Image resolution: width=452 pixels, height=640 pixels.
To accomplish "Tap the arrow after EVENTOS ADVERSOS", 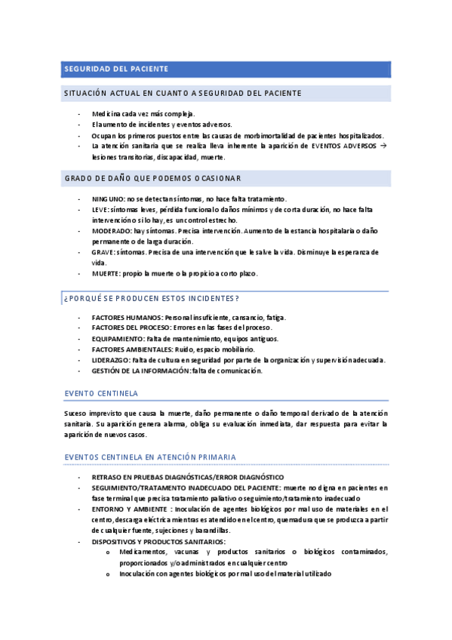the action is (383, 146).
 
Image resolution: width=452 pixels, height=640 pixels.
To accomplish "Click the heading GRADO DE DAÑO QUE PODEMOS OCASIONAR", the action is (152, 178).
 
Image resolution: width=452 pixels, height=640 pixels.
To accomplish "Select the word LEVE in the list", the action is (100, 209).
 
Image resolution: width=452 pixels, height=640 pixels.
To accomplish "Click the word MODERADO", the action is (112, 230).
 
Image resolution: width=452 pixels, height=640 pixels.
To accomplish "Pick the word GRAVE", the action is (103, 252).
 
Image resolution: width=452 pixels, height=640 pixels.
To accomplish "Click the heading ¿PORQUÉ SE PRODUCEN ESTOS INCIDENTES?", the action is (151, 298).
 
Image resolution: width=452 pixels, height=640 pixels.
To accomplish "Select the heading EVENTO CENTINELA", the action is (100, 394).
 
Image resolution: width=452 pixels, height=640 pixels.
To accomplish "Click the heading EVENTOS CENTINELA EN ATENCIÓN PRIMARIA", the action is (150, 457).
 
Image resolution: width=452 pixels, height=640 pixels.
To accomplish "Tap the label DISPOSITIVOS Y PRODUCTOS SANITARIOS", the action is (158, 541).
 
